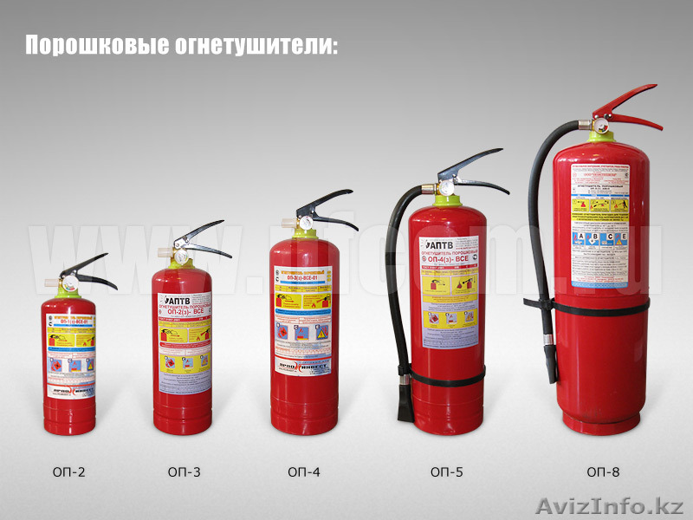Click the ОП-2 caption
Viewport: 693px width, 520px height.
tap(68, 472)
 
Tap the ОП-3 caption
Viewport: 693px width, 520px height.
tap(185, 472)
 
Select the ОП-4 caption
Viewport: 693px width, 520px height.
tap(304, 472)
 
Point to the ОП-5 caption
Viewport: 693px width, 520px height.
tap(446, 472)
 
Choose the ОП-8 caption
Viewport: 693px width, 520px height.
tap(603, 472)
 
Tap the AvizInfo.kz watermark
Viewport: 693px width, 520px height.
tap(610, 504)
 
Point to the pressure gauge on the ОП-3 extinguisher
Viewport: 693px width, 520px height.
tap(181, 257)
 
